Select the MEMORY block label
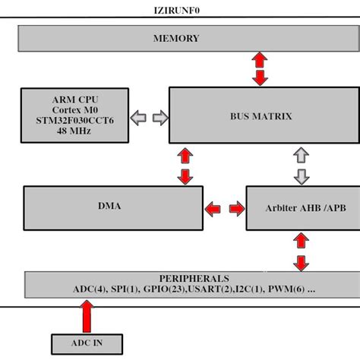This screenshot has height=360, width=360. click(176, 38)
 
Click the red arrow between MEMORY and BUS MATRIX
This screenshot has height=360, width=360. click(260, 68)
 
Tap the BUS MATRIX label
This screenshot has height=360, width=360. click(261, 116)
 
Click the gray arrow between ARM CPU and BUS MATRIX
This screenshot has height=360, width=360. click(150, 118)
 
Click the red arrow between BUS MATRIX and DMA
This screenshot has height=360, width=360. click(184, 166)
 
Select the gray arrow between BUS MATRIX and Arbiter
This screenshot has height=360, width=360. click(302, 166)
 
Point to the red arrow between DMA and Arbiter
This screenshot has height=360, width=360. click(225, 207)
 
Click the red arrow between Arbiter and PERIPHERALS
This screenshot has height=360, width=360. click(302, 252)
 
